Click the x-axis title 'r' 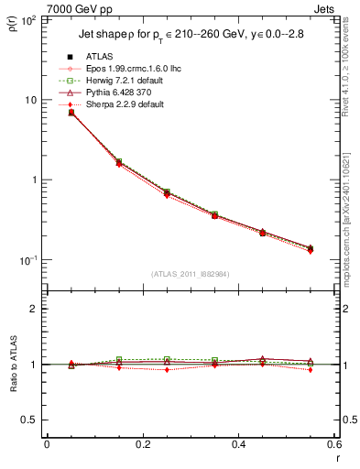tap(337, 459)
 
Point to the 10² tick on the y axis tap(28, 19)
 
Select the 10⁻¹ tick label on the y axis tap(27, 260)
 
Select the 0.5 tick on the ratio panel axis tap(30, 420)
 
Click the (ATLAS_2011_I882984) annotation tap(190, 273)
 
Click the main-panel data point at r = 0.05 tap(71, 113)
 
